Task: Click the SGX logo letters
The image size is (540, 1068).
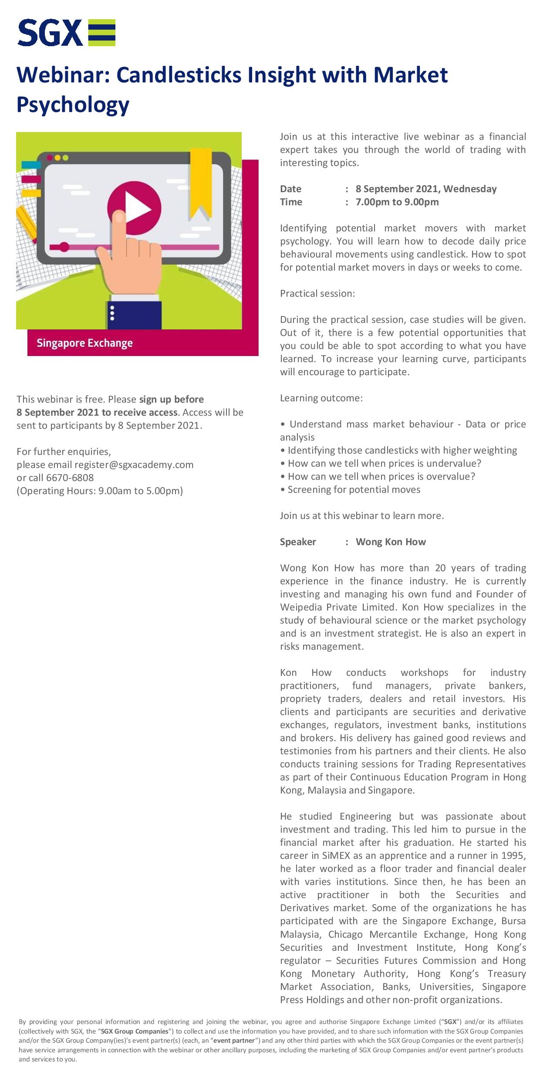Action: (50, 33)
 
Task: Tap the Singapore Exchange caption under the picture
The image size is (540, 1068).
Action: (84, 343)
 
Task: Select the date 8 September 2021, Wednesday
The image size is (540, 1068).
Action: (426, 189)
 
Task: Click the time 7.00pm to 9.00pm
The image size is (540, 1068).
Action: (397, 202)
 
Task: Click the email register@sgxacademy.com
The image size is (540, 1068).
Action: (134, 464)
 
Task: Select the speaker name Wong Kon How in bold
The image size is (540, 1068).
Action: (391, 542)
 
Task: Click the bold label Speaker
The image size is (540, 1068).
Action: (298, 542)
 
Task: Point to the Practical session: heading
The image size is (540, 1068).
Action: (317, 294)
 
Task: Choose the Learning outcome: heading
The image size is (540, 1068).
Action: (321, 398)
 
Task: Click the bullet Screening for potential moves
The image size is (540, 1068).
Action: (354, 490)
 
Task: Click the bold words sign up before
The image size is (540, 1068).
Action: (172, 400)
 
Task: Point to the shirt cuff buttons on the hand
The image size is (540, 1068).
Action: (112, 313)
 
